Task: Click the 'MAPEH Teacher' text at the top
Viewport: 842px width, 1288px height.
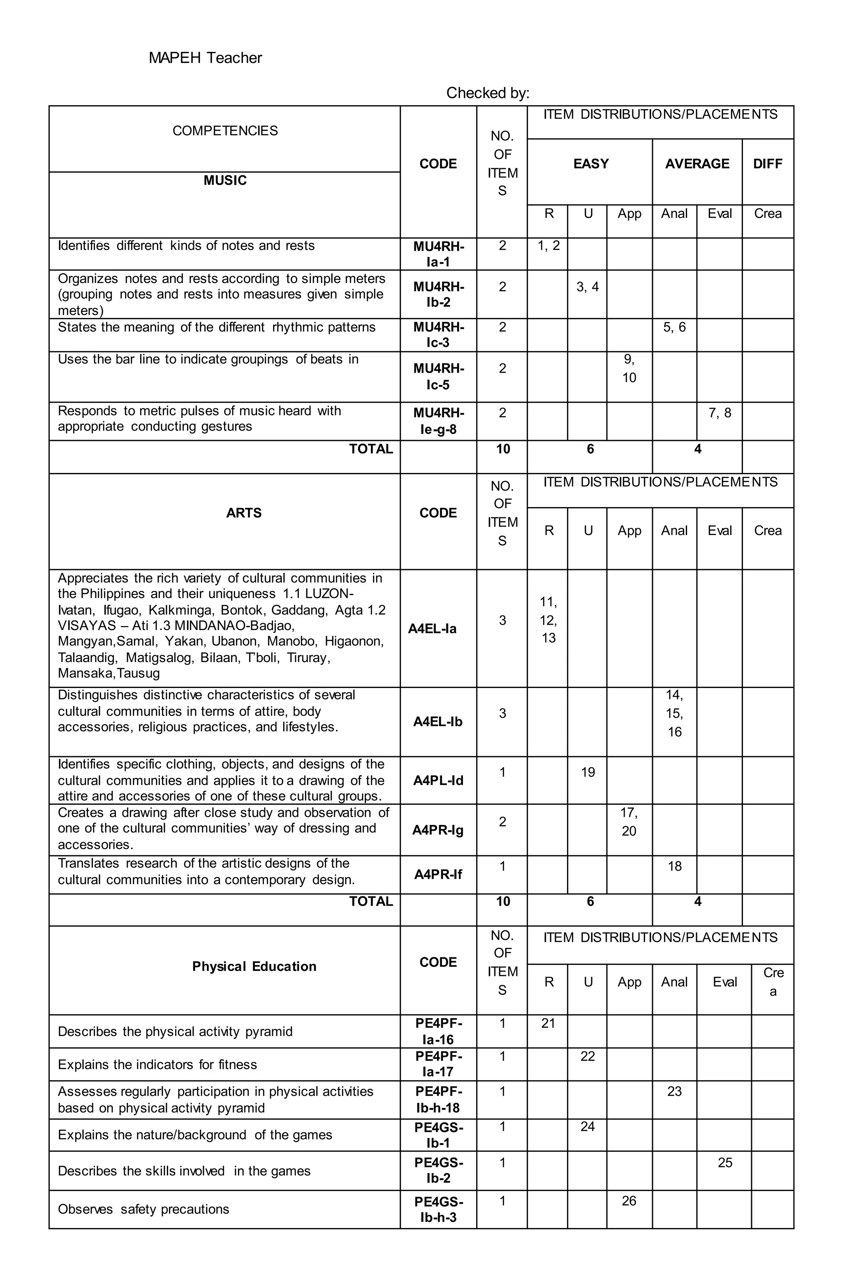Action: (x=205, y=58)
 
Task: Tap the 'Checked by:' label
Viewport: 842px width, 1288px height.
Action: (x=488, y=93)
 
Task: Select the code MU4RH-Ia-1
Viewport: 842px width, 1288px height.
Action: (x=438, y=254)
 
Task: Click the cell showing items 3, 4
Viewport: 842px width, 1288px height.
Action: (x=587, y=287)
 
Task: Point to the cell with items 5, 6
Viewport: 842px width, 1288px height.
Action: (x=674, y=327)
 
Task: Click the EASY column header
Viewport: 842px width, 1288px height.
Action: (x=590, y=163)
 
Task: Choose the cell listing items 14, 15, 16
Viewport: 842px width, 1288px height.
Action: (x=674, y=713)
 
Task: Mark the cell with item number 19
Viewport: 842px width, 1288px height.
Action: (x=588, y=772)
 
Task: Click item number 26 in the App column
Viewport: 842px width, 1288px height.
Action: (x=629, y=1200)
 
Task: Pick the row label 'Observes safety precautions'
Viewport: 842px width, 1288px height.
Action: (x=143, y=1209)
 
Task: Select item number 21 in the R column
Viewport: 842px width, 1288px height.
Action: (x=548, y=1023)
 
